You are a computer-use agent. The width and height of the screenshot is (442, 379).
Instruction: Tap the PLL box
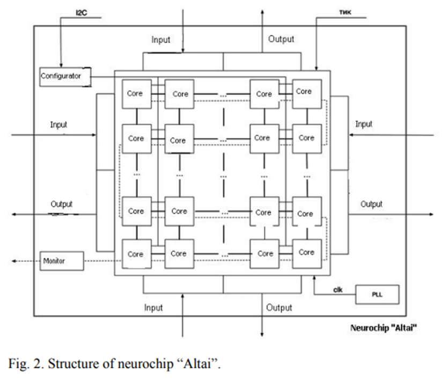point(377,294)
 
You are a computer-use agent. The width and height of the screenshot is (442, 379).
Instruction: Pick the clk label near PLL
point(337,290)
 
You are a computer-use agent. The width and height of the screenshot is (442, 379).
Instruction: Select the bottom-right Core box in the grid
point(306,252)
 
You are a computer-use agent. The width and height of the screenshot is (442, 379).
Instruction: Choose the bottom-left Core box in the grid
point(135,253)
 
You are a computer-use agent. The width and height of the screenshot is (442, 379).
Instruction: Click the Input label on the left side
point(58,125)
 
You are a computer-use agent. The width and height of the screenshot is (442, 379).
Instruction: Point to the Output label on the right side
point(371,204)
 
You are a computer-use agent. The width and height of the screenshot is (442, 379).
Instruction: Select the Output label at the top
point(281,39)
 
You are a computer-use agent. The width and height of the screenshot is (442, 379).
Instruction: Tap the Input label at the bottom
point(153,308)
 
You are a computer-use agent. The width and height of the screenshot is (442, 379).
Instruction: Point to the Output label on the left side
point(61,204)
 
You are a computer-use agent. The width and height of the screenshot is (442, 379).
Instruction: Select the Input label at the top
point(160,40)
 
